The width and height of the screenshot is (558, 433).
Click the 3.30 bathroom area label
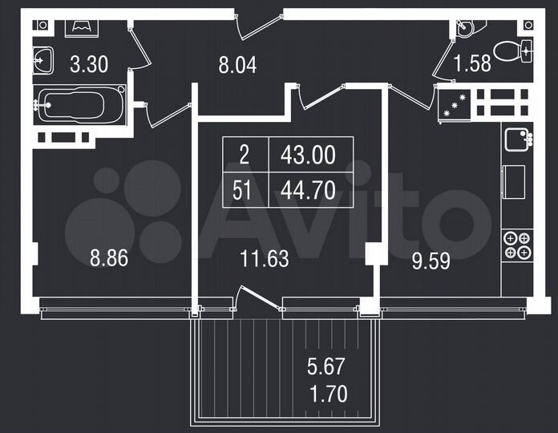pos(87,64)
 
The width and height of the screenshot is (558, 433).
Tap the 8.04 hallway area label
pos(237,64)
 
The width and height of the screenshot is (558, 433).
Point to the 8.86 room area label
pos(109,258)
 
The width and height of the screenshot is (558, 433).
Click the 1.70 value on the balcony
pos(328,394)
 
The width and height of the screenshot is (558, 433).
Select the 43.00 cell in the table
pos(307,155)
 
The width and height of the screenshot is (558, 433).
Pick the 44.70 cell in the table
pos(307,192)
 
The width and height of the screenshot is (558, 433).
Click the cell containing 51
pos(244,192)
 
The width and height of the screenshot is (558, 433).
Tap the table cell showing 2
pos(244,155)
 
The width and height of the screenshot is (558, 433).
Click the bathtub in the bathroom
pos(79,106)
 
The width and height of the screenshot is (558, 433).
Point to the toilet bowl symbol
pos(511,52)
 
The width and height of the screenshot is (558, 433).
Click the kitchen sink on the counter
pos(517,141)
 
